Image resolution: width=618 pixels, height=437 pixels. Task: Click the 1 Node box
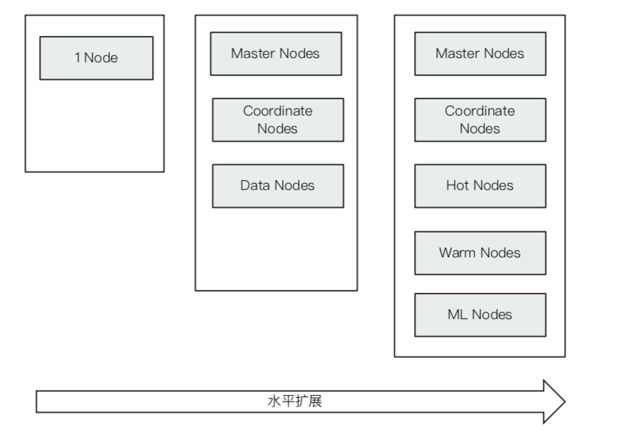tap(96, 58)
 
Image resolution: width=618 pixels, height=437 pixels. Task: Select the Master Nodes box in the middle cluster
tap(276, 53)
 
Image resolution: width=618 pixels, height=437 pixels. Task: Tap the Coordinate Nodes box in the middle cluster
tap(278, 120)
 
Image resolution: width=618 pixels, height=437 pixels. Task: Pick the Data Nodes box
tap(278, 186)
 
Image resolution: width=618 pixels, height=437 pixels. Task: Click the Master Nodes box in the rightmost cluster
tap(480, 53)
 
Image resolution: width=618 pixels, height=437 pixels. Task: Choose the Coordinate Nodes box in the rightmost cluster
tap(480, 120)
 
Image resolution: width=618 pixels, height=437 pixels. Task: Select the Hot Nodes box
tap(480, 186)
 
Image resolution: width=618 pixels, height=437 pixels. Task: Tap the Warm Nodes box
tap(480, 253)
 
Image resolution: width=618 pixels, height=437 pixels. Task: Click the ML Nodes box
tap(480, 315)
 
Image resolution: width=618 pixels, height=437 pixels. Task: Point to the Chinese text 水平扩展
tap(295, 401)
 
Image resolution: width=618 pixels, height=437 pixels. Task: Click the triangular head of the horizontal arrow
tap(555, 402)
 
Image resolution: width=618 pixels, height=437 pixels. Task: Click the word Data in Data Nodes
tap(254, 185)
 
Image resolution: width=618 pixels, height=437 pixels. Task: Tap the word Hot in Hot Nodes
tap(457, 185)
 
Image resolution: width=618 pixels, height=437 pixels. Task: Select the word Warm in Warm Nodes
tap(457, 253)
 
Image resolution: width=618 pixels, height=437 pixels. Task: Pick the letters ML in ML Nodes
tap(457, 314)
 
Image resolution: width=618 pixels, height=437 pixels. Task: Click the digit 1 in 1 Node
tap(77, 58)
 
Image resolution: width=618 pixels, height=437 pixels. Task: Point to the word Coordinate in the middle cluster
tap(278, 111)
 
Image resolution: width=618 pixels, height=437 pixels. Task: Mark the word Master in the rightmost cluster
tap(457, 53)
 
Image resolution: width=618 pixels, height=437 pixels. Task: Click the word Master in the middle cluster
tap(253, 53)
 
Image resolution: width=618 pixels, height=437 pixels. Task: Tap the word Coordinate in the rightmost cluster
tap(480, 111)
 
